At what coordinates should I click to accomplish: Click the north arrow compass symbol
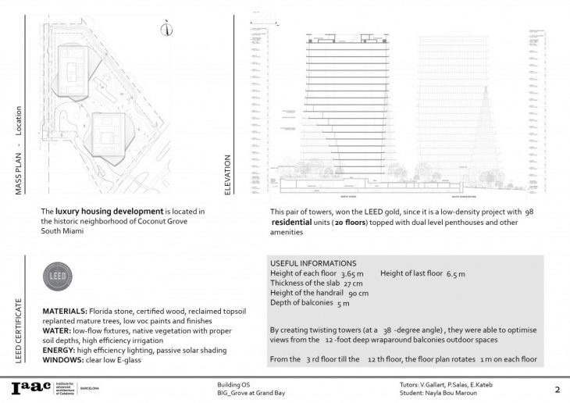[x=167, y=29]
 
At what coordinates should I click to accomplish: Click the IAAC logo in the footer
[x=28, y=387]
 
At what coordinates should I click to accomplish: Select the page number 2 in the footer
[x=557, y=389]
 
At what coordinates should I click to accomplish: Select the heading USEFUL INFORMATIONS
[x=312, y=263]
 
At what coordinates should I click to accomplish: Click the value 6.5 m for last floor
[x=455, y=273]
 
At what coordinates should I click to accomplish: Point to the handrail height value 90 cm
[x=357, y=293]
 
